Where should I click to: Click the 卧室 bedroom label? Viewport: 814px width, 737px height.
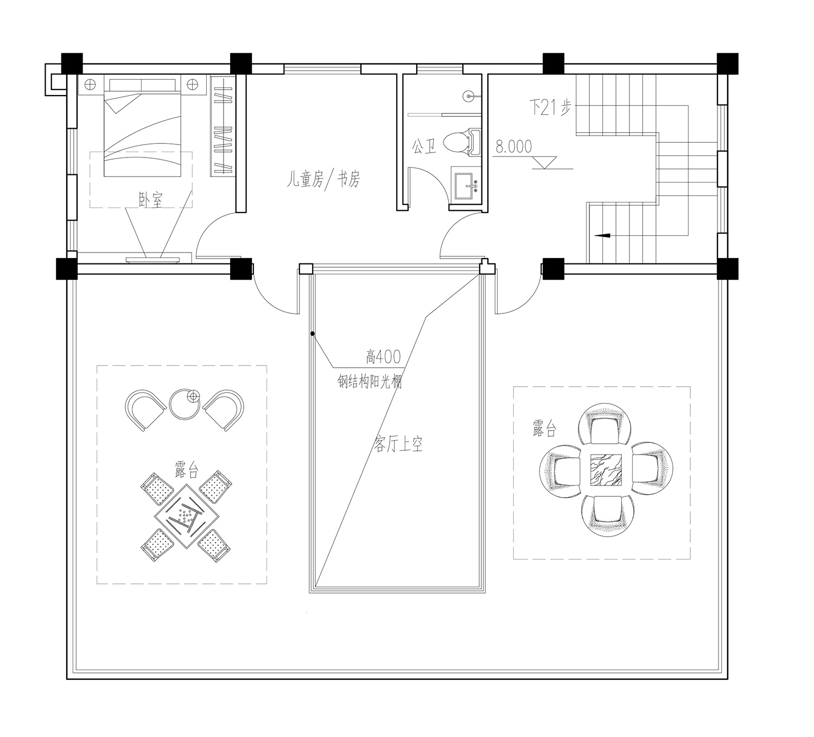pos(150,200)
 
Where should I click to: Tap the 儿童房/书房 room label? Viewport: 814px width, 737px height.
pos(323,179)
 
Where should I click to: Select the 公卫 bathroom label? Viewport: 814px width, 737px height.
pos(424,147)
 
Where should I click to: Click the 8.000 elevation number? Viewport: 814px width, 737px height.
pos(513,147)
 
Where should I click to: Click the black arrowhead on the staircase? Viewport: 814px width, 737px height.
pos(602,235)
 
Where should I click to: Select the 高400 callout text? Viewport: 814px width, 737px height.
pos(383,357)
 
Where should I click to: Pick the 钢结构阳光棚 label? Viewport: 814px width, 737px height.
pos(370,382)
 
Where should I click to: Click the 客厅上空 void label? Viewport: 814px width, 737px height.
pos(398,444)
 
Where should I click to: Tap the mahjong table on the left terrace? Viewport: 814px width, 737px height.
pos(186,516)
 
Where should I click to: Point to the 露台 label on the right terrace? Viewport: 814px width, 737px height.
pos(544,429)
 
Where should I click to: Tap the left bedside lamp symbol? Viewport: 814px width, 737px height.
pos(90,85)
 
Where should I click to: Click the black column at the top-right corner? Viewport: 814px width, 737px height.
pos(728,64)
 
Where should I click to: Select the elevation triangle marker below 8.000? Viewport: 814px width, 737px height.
pos(544,162)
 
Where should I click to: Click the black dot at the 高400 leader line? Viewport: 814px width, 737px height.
pos(313,333)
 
